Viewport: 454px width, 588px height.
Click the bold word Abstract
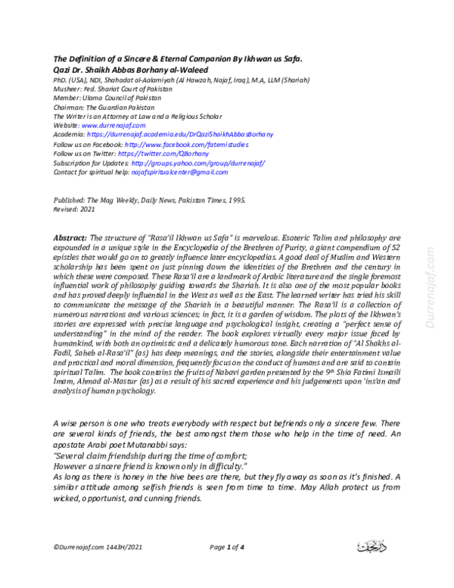tap(70, 237)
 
